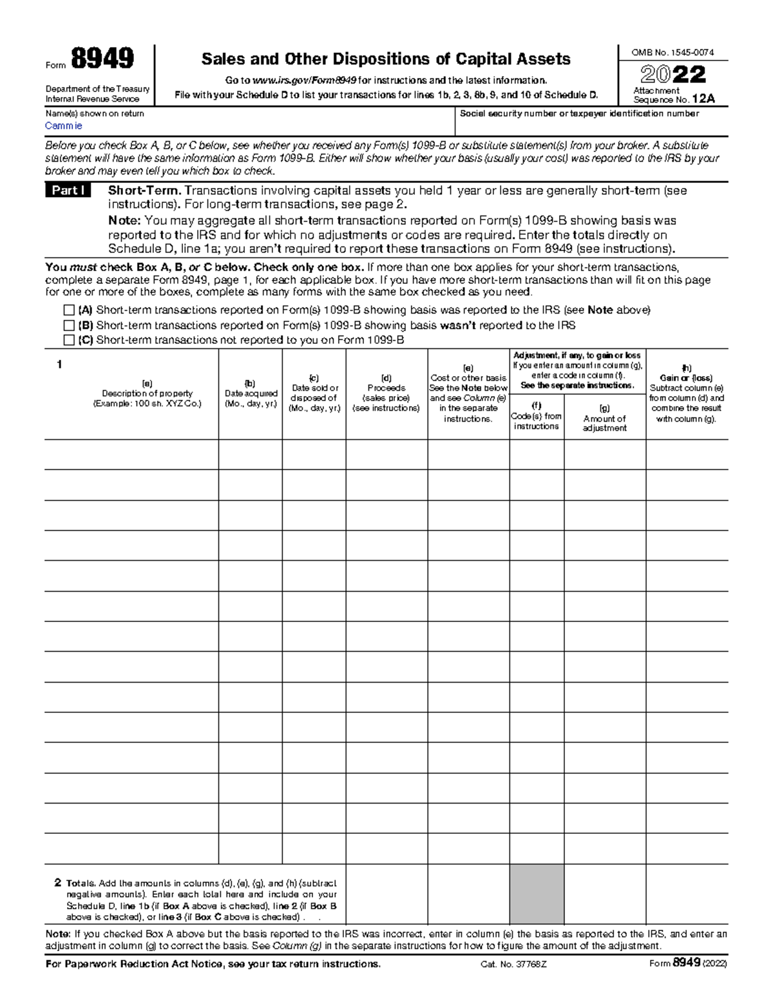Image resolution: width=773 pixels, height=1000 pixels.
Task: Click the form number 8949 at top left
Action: pyautogui.click(x=102, y=59)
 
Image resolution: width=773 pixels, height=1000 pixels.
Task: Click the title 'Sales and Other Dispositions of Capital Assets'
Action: pyautogui.click(x=385, y=59)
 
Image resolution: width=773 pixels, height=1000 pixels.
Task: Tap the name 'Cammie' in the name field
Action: pyautogui.click(x=63, y=126)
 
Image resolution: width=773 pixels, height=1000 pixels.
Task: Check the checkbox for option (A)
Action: pyautogui.click(x=69, y=310)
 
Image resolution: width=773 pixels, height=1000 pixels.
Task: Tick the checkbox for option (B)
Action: pyautogui.click(x=69, y=326)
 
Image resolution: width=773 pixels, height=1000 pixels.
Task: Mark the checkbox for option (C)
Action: pyautogui.click(x=69, y=341)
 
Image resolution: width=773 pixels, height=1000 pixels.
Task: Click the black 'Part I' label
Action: pyautogui.click(x=68, y=191)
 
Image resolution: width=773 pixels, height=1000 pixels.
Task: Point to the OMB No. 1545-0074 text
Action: pyautogui.click(x=673, y=53)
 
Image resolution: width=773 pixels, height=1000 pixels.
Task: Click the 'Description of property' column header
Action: pyautogui.click(x=148, y=393)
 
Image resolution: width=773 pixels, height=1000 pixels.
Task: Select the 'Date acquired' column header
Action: pyautogui.click(x=251, y=393)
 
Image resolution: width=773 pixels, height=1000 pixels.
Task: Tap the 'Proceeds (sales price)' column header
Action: pyautogui.click(x=386, y=393)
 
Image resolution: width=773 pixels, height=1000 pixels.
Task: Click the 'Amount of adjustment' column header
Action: pyautogui.click(x=604, y=423)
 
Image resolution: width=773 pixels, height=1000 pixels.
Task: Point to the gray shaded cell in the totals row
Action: pyautogui.click(x=537, y=894)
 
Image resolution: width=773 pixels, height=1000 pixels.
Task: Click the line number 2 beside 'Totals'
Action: pyautogui.click(x=58, y=883)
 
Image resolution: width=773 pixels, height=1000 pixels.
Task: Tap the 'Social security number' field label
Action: pyautogui.click(x=578, y=114)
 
